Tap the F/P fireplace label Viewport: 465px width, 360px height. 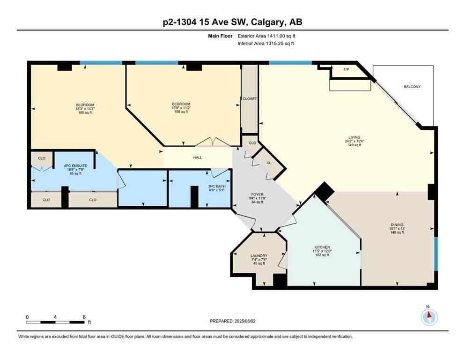click(347, 69)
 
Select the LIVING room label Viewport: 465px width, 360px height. click(354, 137)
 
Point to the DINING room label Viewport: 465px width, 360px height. click(397, 225)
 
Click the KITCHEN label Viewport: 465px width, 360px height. click(322, 247)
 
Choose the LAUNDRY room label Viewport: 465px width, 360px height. click(258, 255)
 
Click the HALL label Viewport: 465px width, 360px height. click(198, 157)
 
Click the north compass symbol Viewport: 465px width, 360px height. click(429, 317)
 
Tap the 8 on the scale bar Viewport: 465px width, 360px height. click(84, 317)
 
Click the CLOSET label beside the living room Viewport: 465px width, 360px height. click(250, 99)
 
